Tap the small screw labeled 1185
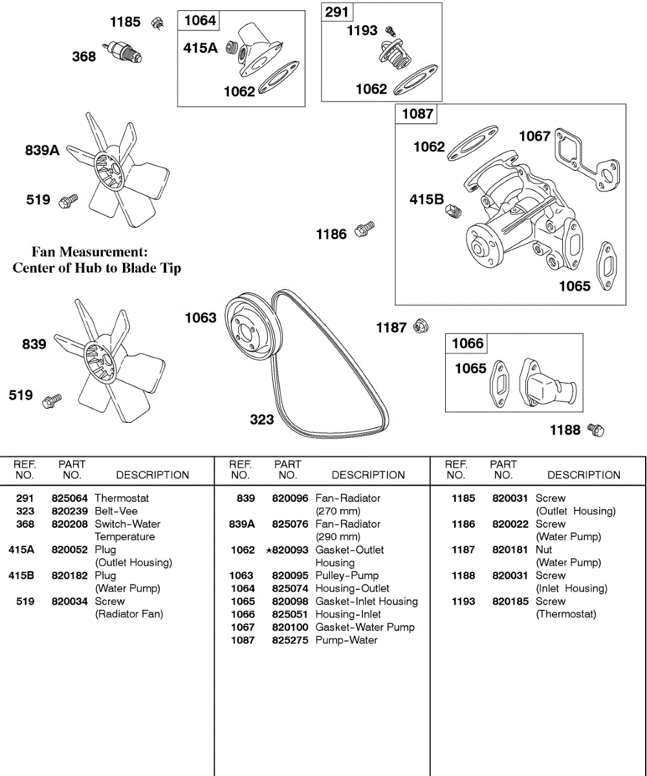click(155, 23)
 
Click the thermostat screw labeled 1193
click(390, 30)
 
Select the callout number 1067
click(534, 136)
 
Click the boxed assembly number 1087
click(417, 114)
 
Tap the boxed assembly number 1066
click(468, 343)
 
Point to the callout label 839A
click(42, 151)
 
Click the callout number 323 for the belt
click(262, 420)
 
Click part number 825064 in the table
click(69, 499)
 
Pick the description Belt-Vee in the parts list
click(116, 511)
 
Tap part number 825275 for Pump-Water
click(289, 640)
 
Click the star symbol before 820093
click(269, 550)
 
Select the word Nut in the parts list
click(544, 550)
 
